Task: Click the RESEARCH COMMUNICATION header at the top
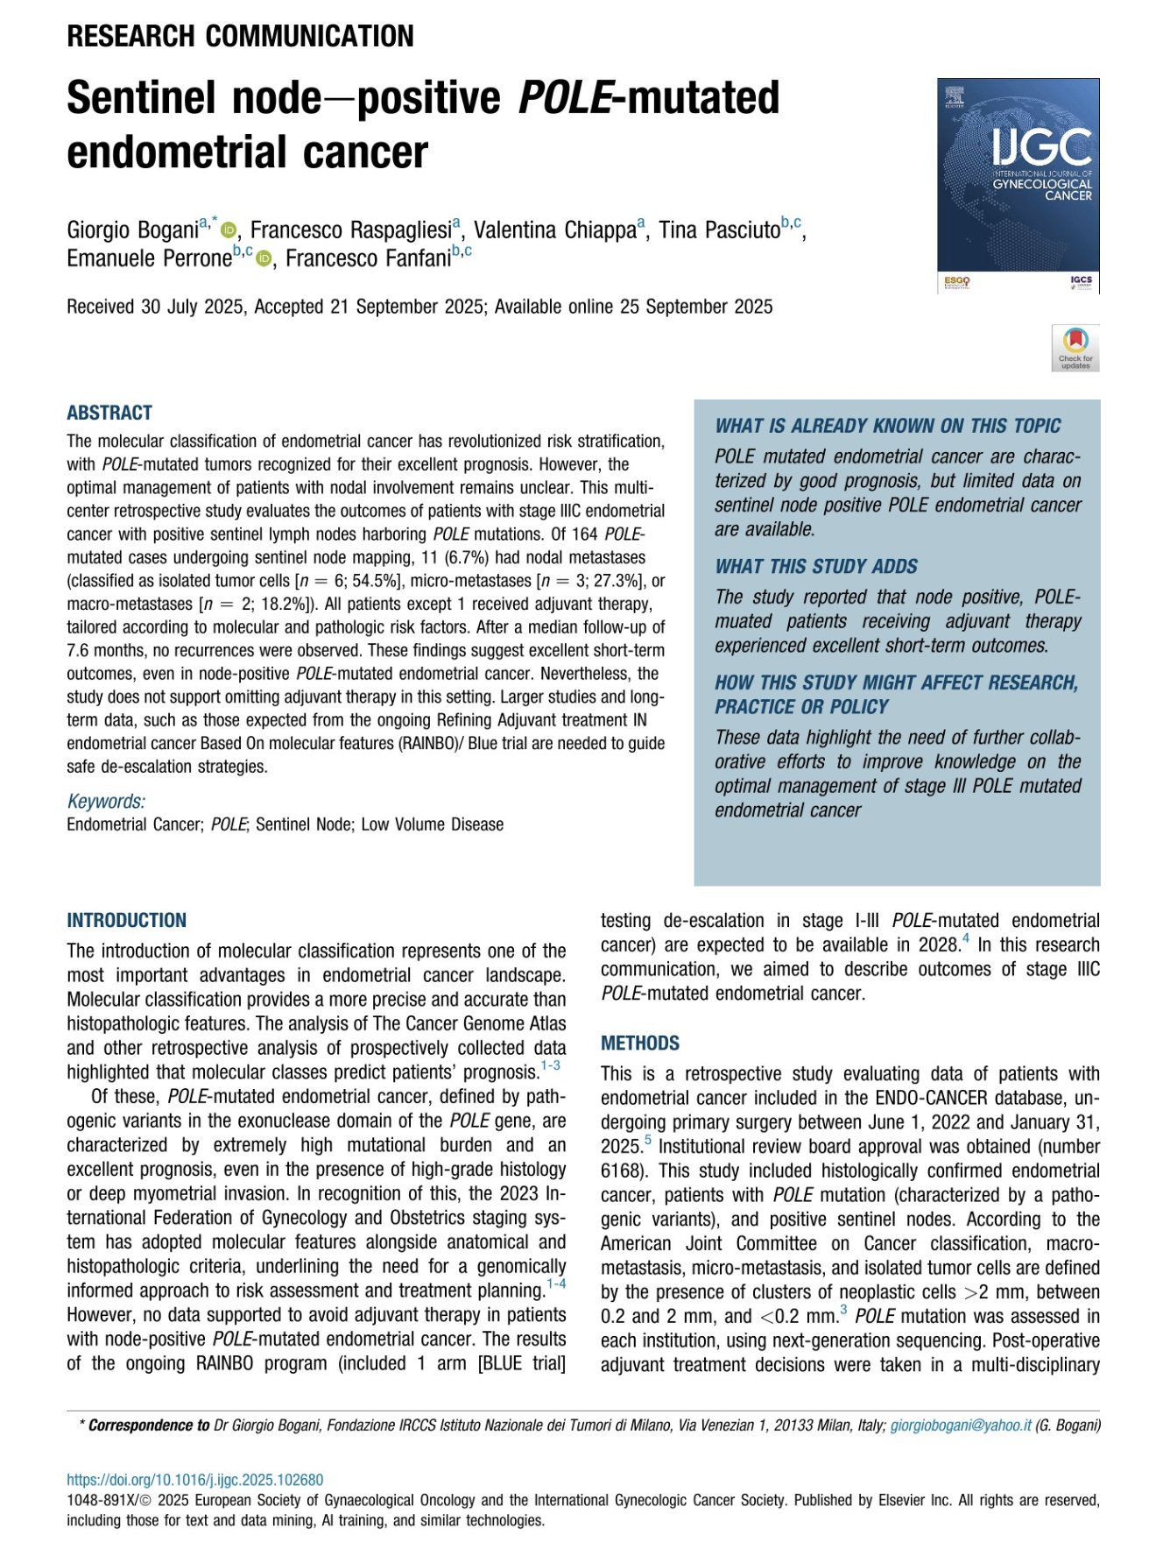point(240,36)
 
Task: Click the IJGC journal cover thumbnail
point(1018,185)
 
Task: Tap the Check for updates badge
point(1075,349)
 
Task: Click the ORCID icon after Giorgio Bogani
point(229,230)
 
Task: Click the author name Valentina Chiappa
point(555,230)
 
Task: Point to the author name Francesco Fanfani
point(368,258)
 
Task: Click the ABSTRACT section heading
point(109,413)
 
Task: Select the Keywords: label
point(106,801)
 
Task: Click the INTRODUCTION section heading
point(126,920)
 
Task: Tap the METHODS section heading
point(640,1043)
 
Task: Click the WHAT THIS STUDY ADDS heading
point(815,566)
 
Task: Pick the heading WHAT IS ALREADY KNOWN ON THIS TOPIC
point(887,426)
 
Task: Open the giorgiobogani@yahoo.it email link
point(961,1425)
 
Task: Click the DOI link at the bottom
point(195,1480)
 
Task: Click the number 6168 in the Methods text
point(622,1171)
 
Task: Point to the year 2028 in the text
point(938,944)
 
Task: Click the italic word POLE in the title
point(564,97)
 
